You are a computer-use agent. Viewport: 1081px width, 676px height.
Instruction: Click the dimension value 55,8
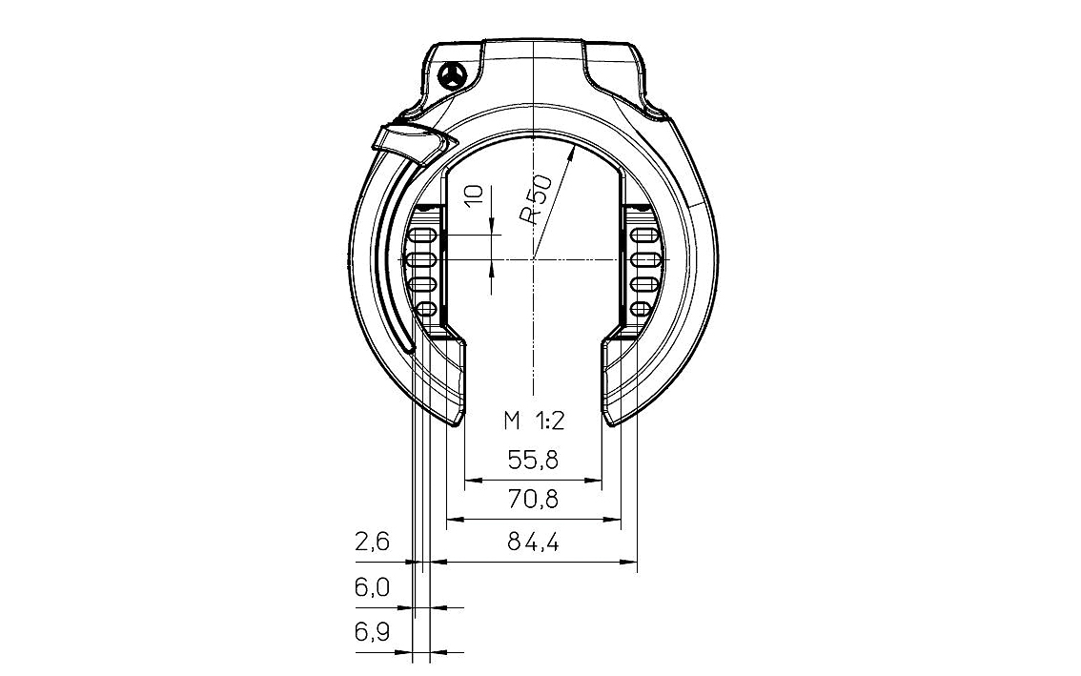(x=532, y=461)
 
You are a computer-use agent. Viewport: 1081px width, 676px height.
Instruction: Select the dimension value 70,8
(x=532, y=499)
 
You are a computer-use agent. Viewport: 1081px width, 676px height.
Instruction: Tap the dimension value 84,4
(x=532, y=543)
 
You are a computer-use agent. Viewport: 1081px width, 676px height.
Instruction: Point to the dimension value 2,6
(x=373, y=543)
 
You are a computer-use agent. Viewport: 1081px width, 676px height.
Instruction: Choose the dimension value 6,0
(x=373, y=587)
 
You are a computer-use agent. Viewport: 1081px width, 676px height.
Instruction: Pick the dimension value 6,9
(x=373, y=632)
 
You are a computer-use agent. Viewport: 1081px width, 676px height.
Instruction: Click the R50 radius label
(x=537, y=201)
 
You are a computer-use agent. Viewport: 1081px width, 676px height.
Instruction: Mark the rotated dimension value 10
(x=475, y=195)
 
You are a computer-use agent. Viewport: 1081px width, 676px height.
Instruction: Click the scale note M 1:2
(x=534, y=420)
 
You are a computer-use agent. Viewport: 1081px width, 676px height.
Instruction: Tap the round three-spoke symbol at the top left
(x=453, y=75)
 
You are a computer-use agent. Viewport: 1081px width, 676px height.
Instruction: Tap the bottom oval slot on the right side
(x=641, y=308)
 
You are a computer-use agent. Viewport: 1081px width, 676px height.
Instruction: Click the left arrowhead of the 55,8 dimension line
(x=473, y=481)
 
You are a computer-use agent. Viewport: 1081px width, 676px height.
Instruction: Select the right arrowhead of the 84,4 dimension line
(x=629, y=563)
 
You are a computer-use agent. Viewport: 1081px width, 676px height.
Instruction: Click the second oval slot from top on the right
(x=642, y=260)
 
